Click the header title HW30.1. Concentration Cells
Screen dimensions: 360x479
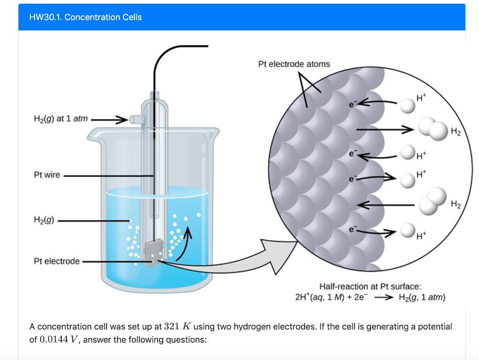point(85,17)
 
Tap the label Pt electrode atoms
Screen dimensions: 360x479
point(294,64)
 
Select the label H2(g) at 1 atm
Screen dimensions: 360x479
point(61,119)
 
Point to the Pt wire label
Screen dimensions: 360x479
point(47,175)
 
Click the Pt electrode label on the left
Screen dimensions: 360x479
point(57,261)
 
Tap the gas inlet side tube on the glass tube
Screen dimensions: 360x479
point(137,119)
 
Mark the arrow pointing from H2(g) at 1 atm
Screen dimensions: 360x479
point(110,119)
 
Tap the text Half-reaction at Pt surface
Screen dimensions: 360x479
point(370,286)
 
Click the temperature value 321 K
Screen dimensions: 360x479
point(175,326)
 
